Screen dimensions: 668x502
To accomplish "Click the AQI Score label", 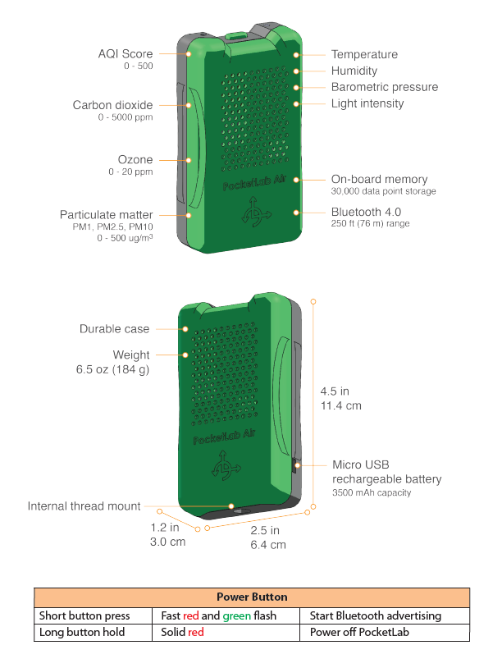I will [x=125, y=54].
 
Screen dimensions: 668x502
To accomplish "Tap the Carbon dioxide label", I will [x=112, y=105].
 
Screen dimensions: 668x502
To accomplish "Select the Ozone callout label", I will [x=135, y=159].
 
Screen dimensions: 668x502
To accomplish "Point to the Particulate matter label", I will [x=107, y=215].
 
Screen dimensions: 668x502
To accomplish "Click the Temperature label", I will [x=364, y=54].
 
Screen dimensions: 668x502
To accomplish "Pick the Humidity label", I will [x=354, y=71].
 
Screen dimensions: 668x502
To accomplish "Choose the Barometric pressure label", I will [x=384, y=87].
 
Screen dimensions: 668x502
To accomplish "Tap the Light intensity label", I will [x=367, y=103].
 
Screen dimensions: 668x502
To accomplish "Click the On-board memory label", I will [x=379, y=179].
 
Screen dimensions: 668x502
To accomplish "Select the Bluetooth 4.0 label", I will [x=366, y=212].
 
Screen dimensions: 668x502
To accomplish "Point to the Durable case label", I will [x=115, y=329].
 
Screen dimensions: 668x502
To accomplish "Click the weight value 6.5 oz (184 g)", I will [x=113, y=370].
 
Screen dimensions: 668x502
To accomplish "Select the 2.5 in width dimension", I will [x=265, y=530].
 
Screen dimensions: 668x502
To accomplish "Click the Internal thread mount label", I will [x=84, y=506].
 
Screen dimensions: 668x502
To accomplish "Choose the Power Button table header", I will [x=252, y=597].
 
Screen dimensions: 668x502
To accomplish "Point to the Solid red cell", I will [x=183, y=633].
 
